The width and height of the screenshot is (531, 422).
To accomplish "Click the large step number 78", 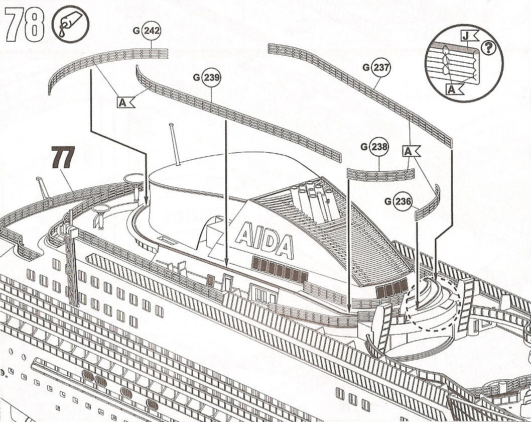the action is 25,25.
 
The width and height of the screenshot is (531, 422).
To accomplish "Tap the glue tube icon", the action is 70,25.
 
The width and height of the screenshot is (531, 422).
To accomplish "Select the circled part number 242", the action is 152,31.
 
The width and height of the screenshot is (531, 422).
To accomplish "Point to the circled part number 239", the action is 211,77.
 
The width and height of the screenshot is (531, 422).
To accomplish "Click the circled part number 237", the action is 380,67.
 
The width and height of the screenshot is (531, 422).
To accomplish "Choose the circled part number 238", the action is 379,146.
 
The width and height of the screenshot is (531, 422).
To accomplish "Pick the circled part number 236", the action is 403,201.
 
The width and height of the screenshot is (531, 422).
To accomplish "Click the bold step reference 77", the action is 63,157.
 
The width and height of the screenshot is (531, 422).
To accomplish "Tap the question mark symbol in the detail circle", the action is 488,48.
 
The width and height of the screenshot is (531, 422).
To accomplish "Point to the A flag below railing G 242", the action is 125,102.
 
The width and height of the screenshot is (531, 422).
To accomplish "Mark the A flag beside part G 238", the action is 411,151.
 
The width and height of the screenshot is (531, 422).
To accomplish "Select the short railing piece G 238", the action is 380,175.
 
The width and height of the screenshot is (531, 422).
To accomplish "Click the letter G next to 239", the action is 196,78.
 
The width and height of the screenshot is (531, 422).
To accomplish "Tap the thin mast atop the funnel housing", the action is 175,144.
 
